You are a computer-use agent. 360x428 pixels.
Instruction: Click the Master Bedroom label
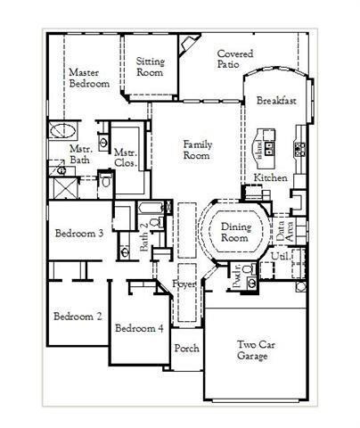coord(89,78)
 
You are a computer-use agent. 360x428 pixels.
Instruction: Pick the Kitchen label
coord(271,178)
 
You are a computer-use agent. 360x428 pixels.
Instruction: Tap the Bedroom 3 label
coord(79,234)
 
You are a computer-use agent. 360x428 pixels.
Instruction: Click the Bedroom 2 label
coord(77,316)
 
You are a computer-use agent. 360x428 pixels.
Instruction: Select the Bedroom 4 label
coord(140,327)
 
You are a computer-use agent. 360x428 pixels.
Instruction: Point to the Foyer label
coord(184,284)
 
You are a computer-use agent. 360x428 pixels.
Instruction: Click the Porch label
coord(186,348)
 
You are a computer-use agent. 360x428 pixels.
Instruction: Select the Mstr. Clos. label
coord(126,158)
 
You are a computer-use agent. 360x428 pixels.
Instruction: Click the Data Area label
coord(290,229)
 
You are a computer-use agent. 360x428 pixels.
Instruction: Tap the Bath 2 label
coord(145,235)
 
